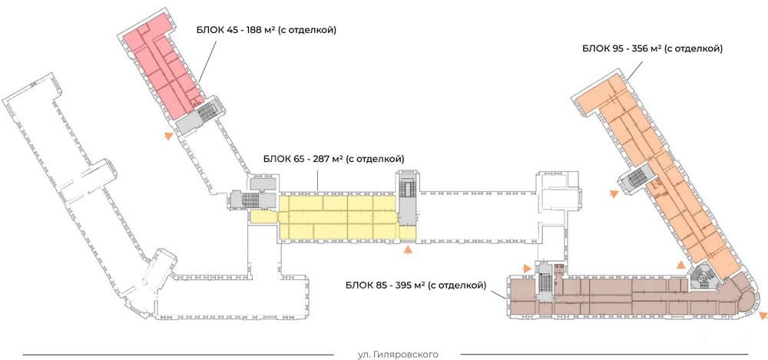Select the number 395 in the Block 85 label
[402, 286]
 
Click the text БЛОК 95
[601, 48]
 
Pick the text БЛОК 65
[282, 159]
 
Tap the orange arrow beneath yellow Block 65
[409, 249]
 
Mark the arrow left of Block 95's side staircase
[613, 196]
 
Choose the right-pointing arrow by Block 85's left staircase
[527, 268]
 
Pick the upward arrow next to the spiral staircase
[680, 264]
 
